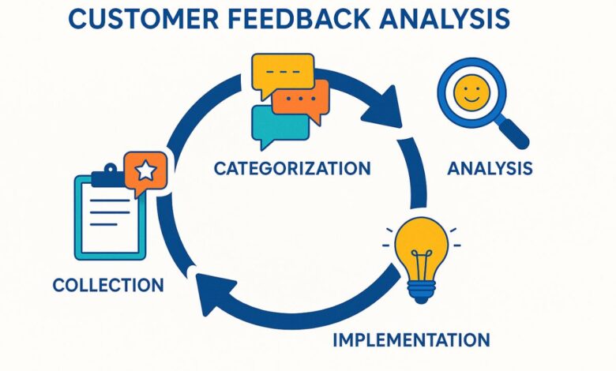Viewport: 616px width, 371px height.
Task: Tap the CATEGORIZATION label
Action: click(x=292, y=167)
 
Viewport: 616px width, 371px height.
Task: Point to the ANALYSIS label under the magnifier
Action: click(x=490, y=168)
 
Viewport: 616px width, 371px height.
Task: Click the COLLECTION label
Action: click(x=108, y=284)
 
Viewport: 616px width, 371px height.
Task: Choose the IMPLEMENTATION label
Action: click(x=411, y=340)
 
